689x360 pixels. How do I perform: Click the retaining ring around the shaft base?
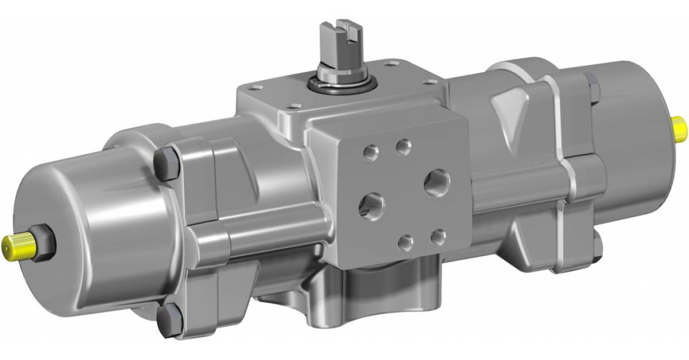(341, 85)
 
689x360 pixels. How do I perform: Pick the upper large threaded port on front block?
(436, 182)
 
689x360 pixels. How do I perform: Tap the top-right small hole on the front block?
(404, 147)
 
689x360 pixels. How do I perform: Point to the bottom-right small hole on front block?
(438, 235)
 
